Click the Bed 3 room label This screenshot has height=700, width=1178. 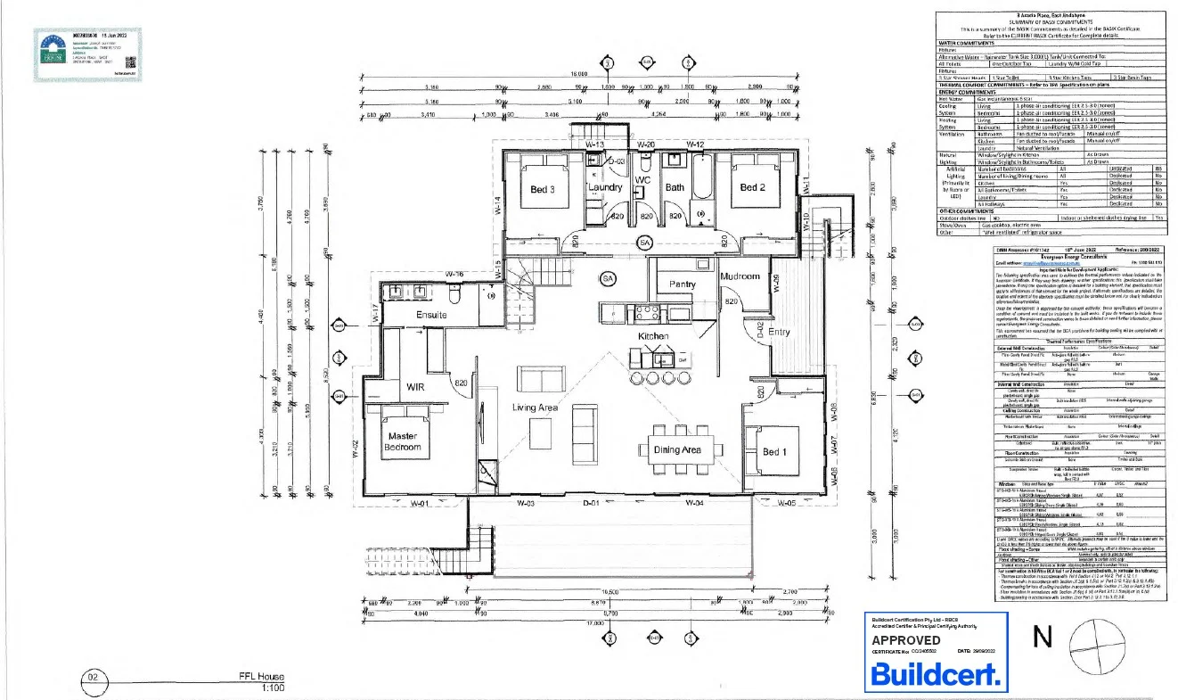pyautogui.click(x=543, y=188)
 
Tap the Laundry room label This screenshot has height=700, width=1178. pyautogui.click(x=605, y=188)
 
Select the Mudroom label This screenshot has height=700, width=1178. pyautogui.click(x=740, y=276)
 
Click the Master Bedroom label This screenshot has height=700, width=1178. pyautogui.click(x=402, y=441)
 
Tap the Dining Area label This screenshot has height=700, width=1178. pyautogui.click(x=678, y=450)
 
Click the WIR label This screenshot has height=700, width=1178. pyautogui.click(x=417, y=388)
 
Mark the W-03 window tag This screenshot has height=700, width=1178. pyautogui.click(x=529, y=504)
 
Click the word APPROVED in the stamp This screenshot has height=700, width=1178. pyautogui.click(x=905, y=639)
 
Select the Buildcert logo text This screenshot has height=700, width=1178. pyautogui.click(x=935, y=674)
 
